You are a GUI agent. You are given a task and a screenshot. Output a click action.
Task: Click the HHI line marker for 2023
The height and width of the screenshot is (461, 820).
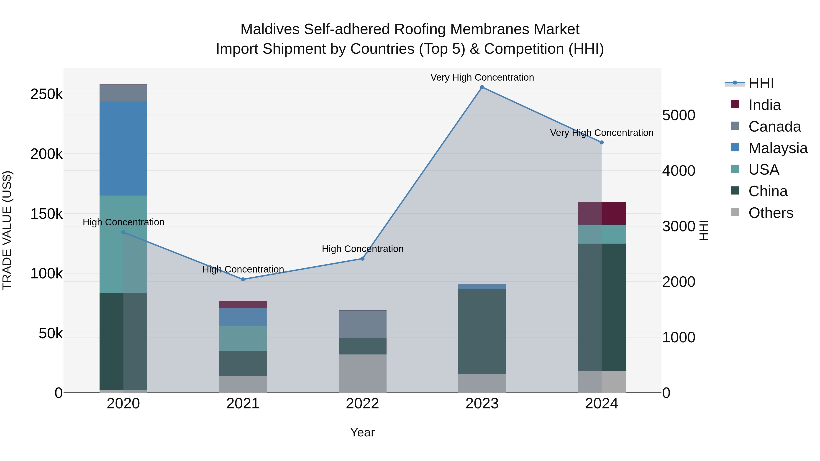(482, 87)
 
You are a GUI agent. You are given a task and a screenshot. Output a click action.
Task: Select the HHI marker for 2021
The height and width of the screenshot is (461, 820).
(243, 279)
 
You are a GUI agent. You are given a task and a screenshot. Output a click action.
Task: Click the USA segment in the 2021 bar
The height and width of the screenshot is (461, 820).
(243, 339)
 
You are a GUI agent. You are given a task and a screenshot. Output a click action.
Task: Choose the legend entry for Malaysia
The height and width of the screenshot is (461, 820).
(777, 148)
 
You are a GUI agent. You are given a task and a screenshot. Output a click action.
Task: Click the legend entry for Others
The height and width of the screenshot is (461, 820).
(770, 213)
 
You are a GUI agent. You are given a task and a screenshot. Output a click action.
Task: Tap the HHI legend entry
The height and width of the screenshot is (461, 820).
(761, 83)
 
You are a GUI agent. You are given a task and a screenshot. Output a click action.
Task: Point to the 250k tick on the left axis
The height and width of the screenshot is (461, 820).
(46, 94)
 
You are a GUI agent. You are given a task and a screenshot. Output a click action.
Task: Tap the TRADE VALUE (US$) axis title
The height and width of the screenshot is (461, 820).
(7, 230)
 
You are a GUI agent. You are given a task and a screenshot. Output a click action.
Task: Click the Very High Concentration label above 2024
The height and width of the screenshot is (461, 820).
(602, 133)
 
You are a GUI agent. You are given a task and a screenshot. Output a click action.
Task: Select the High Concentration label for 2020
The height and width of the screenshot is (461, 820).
(123, 222)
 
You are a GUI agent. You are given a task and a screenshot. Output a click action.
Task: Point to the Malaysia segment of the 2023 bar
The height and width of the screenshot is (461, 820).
(482, 287)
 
